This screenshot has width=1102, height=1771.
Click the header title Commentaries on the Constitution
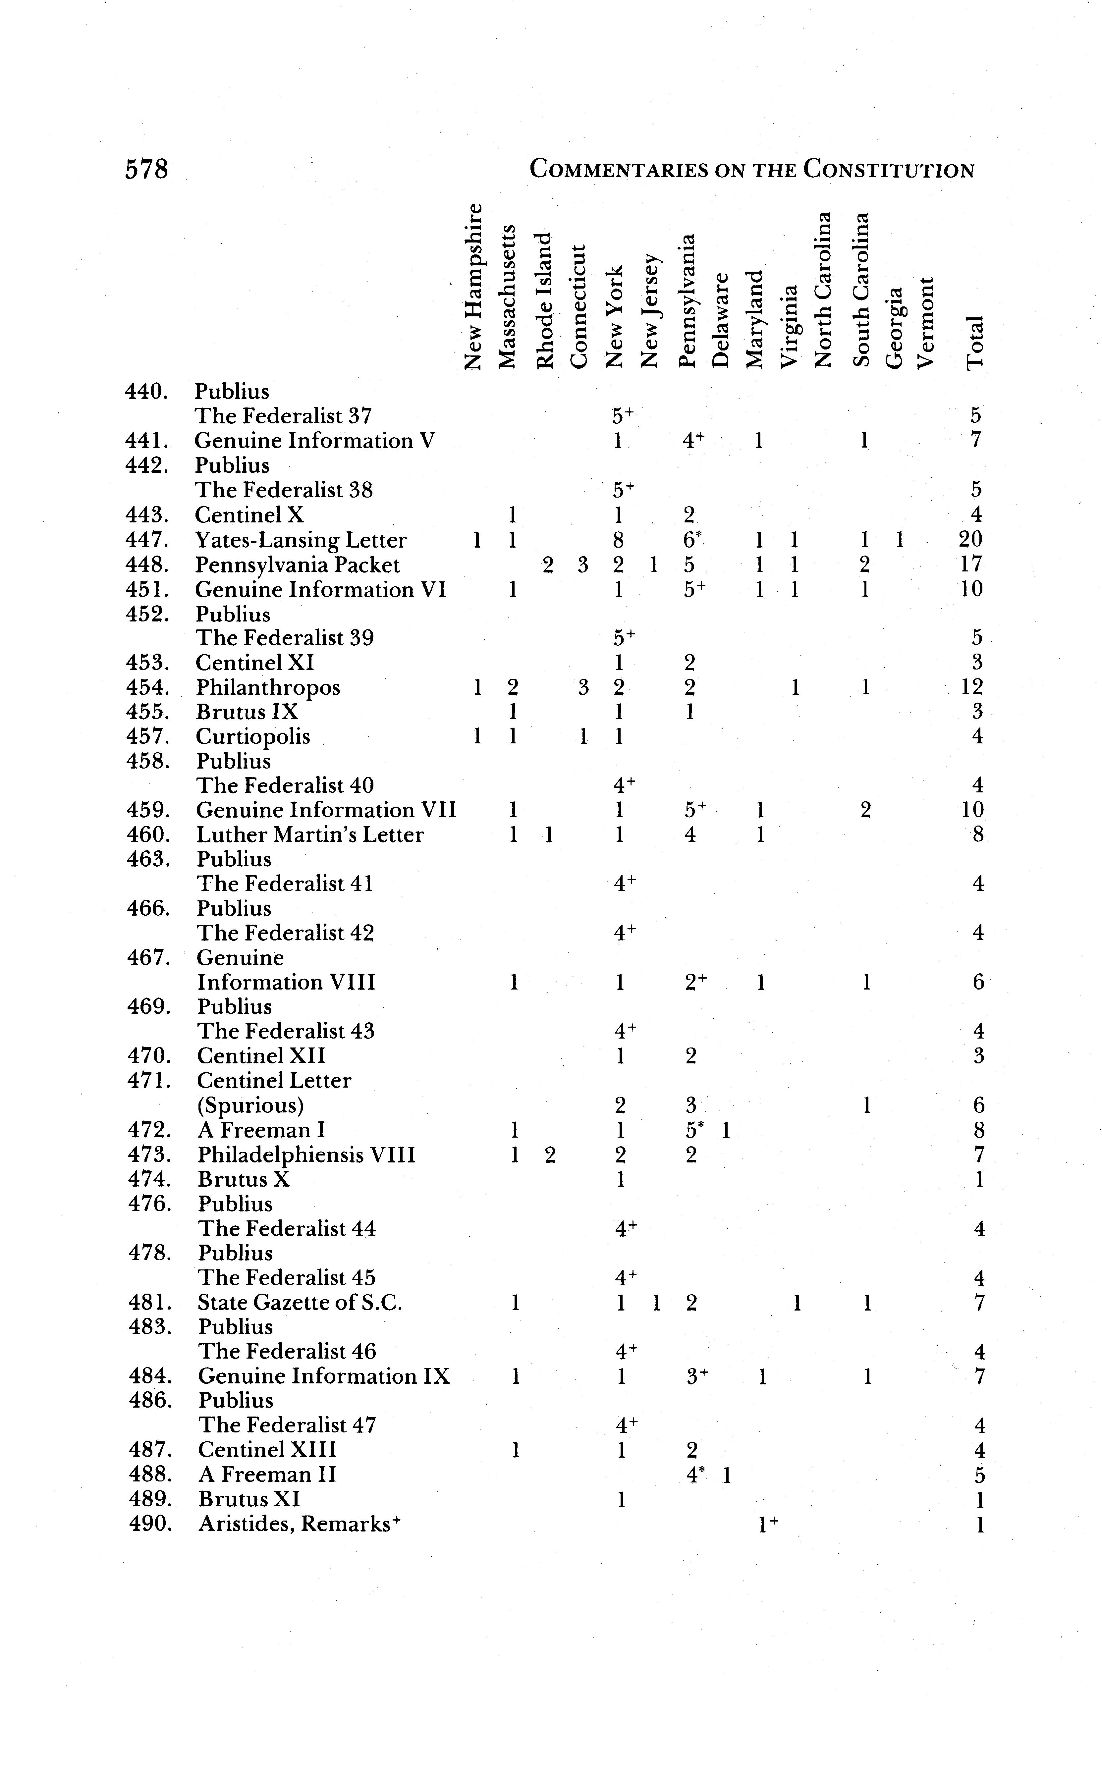point(751,170)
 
